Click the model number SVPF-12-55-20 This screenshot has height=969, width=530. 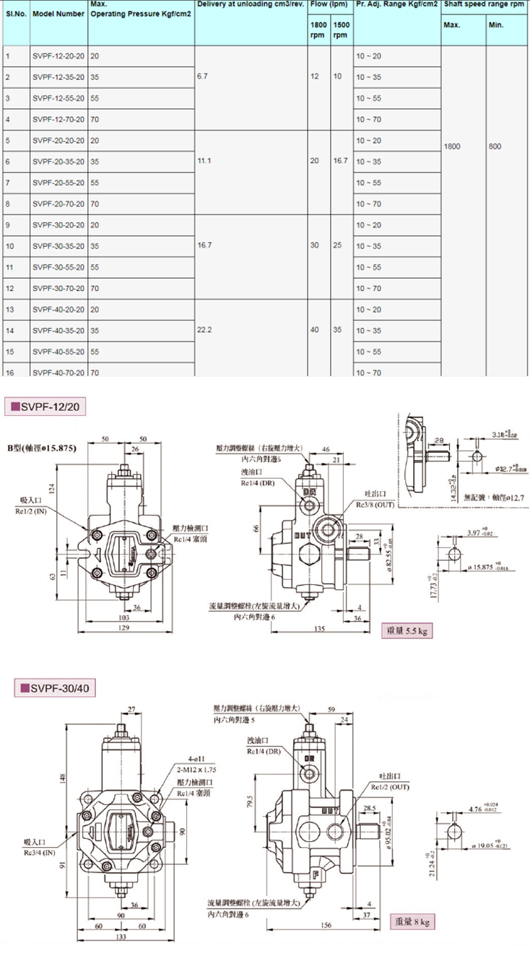point(58,98)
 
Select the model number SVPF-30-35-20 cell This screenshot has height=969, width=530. point(58,246)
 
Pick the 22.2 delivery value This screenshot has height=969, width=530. point(204,331)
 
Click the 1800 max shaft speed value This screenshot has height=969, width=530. point(452,147)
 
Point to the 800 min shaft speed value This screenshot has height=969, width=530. point(495,147)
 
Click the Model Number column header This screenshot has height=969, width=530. point(59,14)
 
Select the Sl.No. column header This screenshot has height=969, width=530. point(16,14)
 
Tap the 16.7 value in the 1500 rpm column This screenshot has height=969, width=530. point(340,161)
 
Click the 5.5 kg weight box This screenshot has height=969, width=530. point(407,631)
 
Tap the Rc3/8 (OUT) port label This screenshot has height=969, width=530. point(374,505)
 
